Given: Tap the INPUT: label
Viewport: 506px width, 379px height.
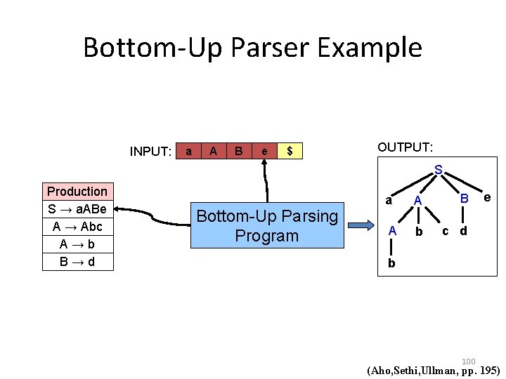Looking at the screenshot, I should (151, 152).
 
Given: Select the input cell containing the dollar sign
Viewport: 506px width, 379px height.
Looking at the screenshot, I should (290, 151).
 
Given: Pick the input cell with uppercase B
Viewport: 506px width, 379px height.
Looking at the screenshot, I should (239, 151).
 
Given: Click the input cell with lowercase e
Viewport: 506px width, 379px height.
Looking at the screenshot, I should (264, 151).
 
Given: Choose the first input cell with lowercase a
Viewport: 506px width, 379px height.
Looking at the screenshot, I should (188, 151).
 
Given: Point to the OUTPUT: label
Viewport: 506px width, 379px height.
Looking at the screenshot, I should (406, 147).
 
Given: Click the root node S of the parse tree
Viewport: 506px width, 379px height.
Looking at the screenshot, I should (439, 171).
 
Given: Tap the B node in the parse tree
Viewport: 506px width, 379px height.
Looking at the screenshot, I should (464, 200).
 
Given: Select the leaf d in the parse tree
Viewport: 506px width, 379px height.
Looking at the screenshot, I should (463, 231).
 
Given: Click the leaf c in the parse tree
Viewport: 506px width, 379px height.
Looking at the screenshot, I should (445, 230).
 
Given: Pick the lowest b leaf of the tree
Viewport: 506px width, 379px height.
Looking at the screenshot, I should (391, 264).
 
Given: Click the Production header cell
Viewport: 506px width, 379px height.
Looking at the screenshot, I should (77, 192).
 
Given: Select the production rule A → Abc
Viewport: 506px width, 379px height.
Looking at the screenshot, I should (77, 227).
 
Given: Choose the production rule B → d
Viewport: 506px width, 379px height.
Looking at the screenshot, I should (77, 262).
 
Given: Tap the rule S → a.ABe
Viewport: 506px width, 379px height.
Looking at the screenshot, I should (77, 209).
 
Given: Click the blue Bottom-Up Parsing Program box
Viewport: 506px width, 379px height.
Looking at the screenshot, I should (267, 226).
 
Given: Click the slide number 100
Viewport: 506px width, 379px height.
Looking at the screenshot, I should (469, 361).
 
